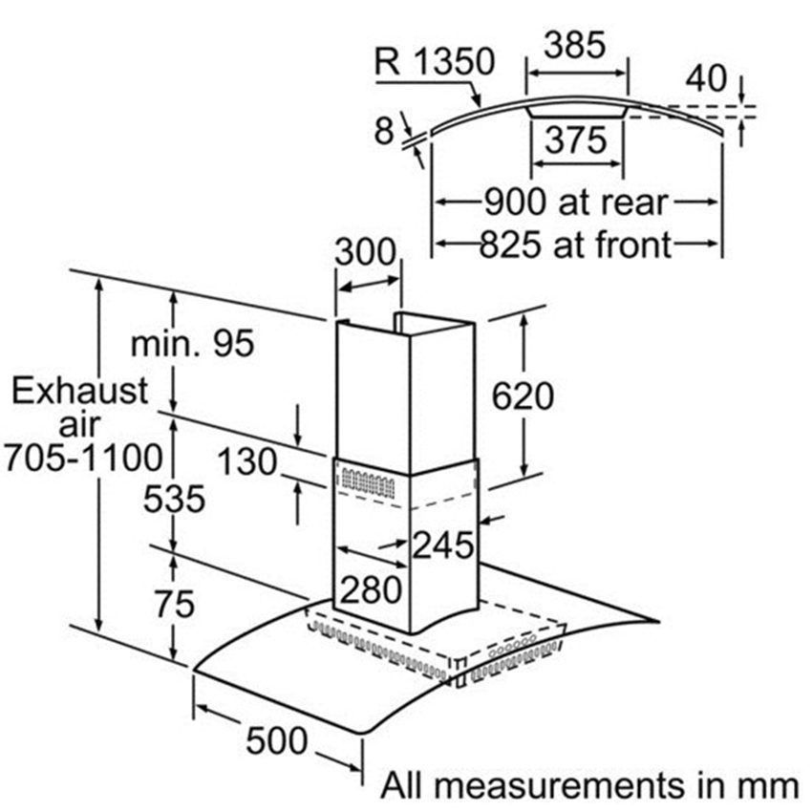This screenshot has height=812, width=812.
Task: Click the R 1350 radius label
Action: pos(435,62)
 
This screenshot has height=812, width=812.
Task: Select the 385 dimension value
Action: pos(575,45)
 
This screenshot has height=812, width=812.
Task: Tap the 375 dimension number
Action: pos(576,139)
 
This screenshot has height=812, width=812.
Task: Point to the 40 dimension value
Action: pos(706,78)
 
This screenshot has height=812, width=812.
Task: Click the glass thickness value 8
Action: pos(384,131)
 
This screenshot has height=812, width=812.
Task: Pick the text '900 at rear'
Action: pos(576,202)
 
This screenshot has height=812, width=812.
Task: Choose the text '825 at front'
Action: pos(576,245)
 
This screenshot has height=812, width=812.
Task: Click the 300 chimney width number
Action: pos(366,253)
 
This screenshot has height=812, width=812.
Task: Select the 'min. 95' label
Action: pos(193,343)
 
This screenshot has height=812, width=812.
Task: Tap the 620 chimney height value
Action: pos(523,396)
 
